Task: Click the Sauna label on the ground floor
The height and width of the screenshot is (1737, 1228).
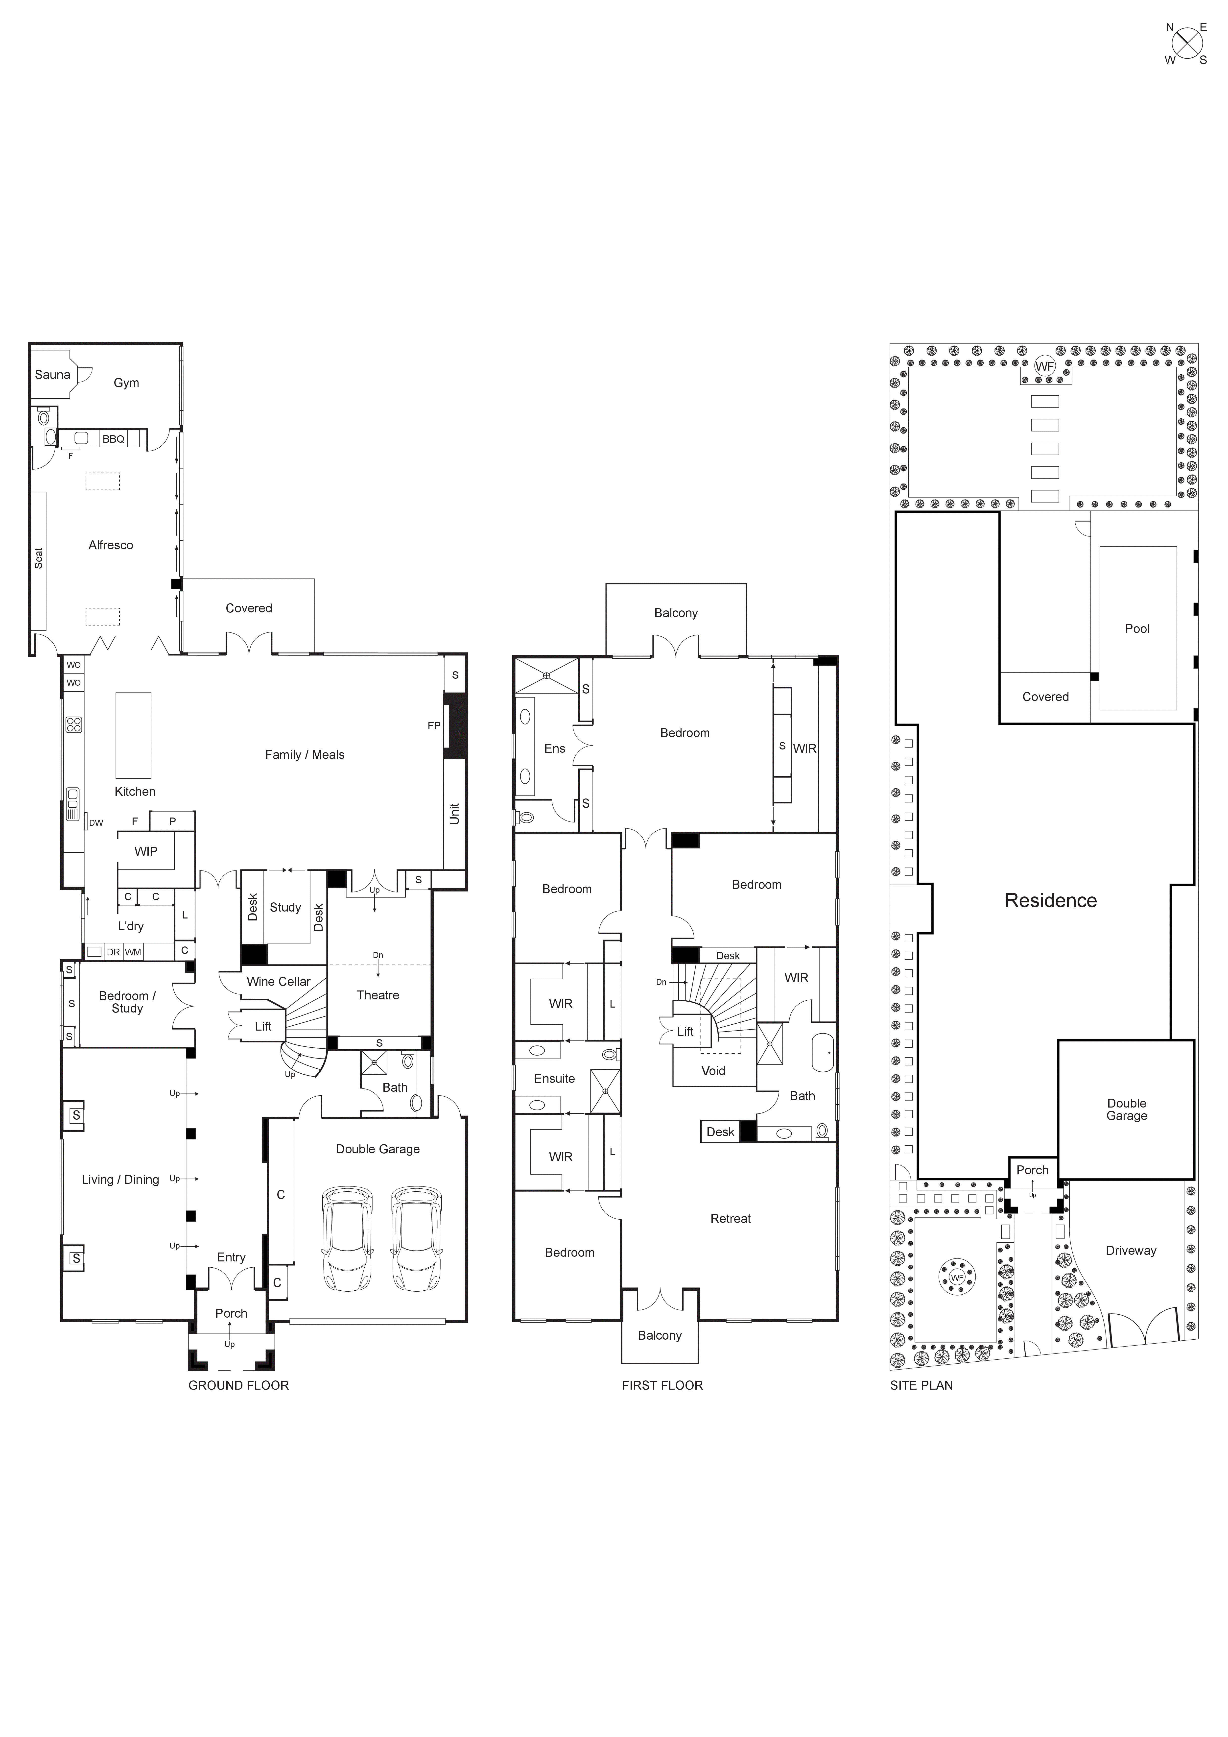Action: point(52,374)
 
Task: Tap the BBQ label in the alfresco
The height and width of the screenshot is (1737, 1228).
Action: point(113,439)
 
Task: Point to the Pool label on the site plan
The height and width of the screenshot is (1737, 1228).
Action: point(1136,629)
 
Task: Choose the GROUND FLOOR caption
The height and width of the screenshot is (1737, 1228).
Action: point(238,1385)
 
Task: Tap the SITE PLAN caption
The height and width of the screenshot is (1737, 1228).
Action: point(921,1385)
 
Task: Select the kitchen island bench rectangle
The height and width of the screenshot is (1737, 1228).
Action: point(133,735)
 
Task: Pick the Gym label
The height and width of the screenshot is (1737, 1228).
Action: point(126,383)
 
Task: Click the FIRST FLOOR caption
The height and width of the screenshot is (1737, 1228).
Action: point(662,1385)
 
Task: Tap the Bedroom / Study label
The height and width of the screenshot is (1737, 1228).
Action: point(127,1002)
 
